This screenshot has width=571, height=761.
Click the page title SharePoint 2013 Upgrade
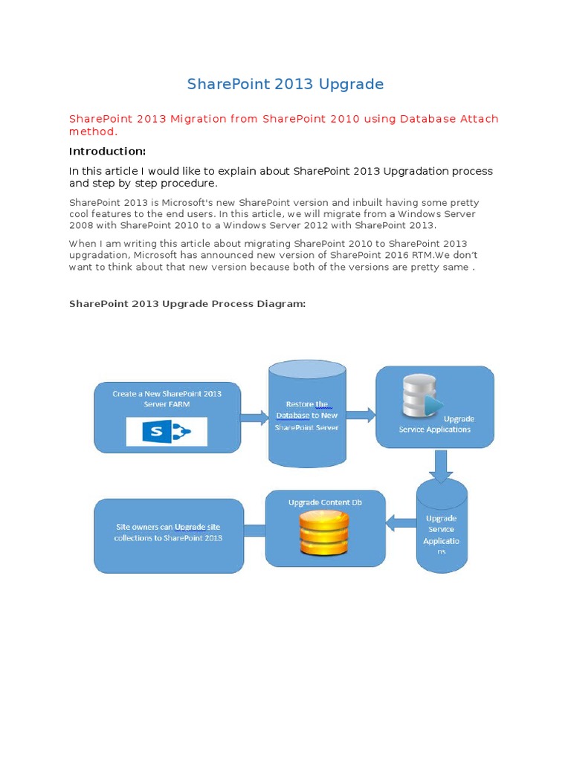[x=285, y=84]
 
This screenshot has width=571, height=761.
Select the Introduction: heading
[x=107, y=151]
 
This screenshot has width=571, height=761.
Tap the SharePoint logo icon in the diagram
[x=167, y=431]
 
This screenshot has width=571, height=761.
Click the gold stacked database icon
[x=323, y=534]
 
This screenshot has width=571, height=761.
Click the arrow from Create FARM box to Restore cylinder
[x=254, y=418]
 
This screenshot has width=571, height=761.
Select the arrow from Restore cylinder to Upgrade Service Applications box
[x=361, y=415]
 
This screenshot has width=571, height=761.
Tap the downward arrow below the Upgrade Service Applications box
[x=441, y=466]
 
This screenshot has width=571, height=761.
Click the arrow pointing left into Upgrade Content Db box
[x=401, y=524]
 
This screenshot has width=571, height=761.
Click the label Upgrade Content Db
[x=325, y=502]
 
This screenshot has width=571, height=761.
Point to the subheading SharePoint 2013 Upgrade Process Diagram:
[x=187, y=304]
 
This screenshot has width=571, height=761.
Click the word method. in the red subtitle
[x=93, y=132]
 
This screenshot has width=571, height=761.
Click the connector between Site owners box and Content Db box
[x=254, y=531]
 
